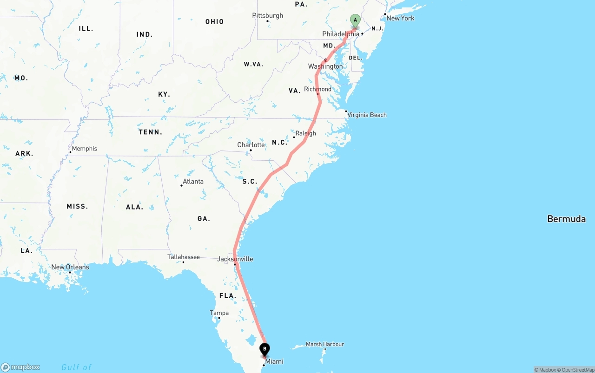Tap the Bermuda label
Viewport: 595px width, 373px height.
(566, 219)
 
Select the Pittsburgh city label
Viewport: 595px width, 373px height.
(267, 16)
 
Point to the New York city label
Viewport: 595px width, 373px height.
(400, 18)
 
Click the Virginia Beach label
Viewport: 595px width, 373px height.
(367, 115)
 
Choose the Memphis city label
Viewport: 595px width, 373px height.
(85, 149)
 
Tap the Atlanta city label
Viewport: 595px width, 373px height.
(193, 182)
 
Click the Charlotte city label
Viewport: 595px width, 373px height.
(251, 145)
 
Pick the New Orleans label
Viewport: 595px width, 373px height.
(70, 267)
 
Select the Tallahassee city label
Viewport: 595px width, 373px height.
(184, 257)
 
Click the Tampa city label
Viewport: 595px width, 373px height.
(219, 313)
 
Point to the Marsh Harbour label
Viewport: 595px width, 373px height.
(325, 344)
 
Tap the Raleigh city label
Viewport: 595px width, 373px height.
(305, 133)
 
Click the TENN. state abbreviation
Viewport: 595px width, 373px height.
(150, 132)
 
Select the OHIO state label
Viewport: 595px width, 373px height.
(214, 22)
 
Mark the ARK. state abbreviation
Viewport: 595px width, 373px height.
(24, 153)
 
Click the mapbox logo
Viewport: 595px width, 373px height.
(20, 367)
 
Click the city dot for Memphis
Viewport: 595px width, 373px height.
(70, 152)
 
